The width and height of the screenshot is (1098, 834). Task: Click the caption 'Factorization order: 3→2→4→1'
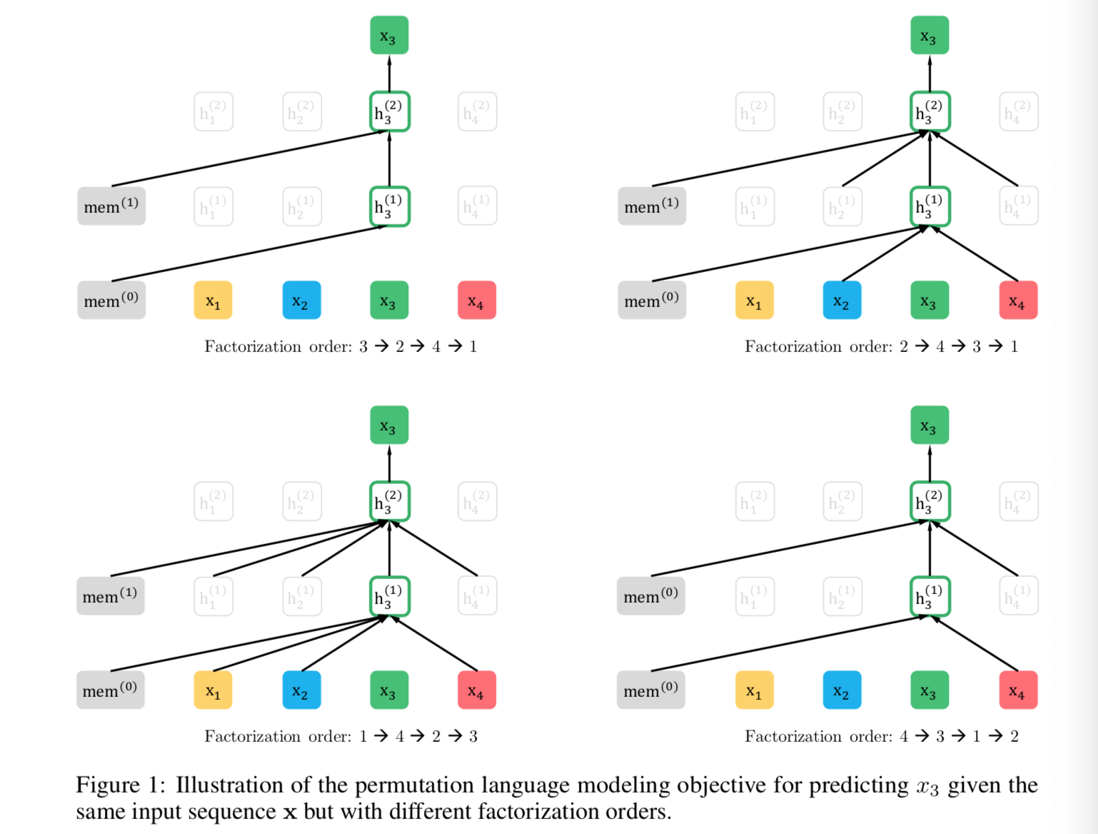[x=341, y=346]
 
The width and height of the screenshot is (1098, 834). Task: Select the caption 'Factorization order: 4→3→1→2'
[x=881, y=736]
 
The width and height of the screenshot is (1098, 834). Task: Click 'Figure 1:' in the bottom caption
[x=120, y=785]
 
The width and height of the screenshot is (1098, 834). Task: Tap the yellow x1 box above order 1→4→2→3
[x=213, y=690]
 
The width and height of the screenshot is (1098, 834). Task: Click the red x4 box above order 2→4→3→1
[x=1017, y=301]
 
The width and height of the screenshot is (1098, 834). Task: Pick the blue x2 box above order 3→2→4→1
[x=301, y=301]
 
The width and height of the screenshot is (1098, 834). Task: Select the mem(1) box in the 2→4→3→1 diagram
[x=652, y=206]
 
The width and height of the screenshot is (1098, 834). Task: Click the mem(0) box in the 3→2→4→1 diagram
[x=111, y=301]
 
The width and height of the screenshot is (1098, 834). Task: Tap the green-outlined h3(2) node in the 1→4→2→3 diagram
[x=389, y=501]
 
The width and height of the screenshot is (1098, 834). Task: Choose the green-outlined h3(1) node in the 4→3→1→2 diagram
[x=930, y=596]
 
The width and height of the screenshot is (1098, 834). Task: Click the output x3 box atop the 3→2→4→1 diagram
[x=389, y=36]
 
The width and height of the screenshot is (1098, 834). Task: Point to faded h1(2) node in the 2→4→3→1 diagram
[x=755, y=111]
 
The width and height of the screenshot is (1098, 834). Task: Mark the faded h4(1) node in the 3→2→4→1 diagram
[x=477, y=206]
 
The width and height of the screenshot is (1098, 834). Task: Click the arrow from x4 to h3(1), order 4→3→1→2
[x=974, y=643]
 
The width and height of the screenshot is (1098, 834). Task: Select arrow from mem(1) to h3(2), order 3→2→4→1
[x=250, y=158]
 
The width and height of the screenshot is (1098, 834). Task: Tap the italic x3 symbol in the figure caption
[x=927, y=786]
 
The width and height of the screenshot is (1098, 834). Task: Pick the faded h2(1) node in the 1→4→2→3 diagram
[x=301, y=596]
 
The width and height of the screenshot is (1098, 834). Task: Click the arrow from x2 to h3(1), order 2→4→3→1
[x=885, y=253]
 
